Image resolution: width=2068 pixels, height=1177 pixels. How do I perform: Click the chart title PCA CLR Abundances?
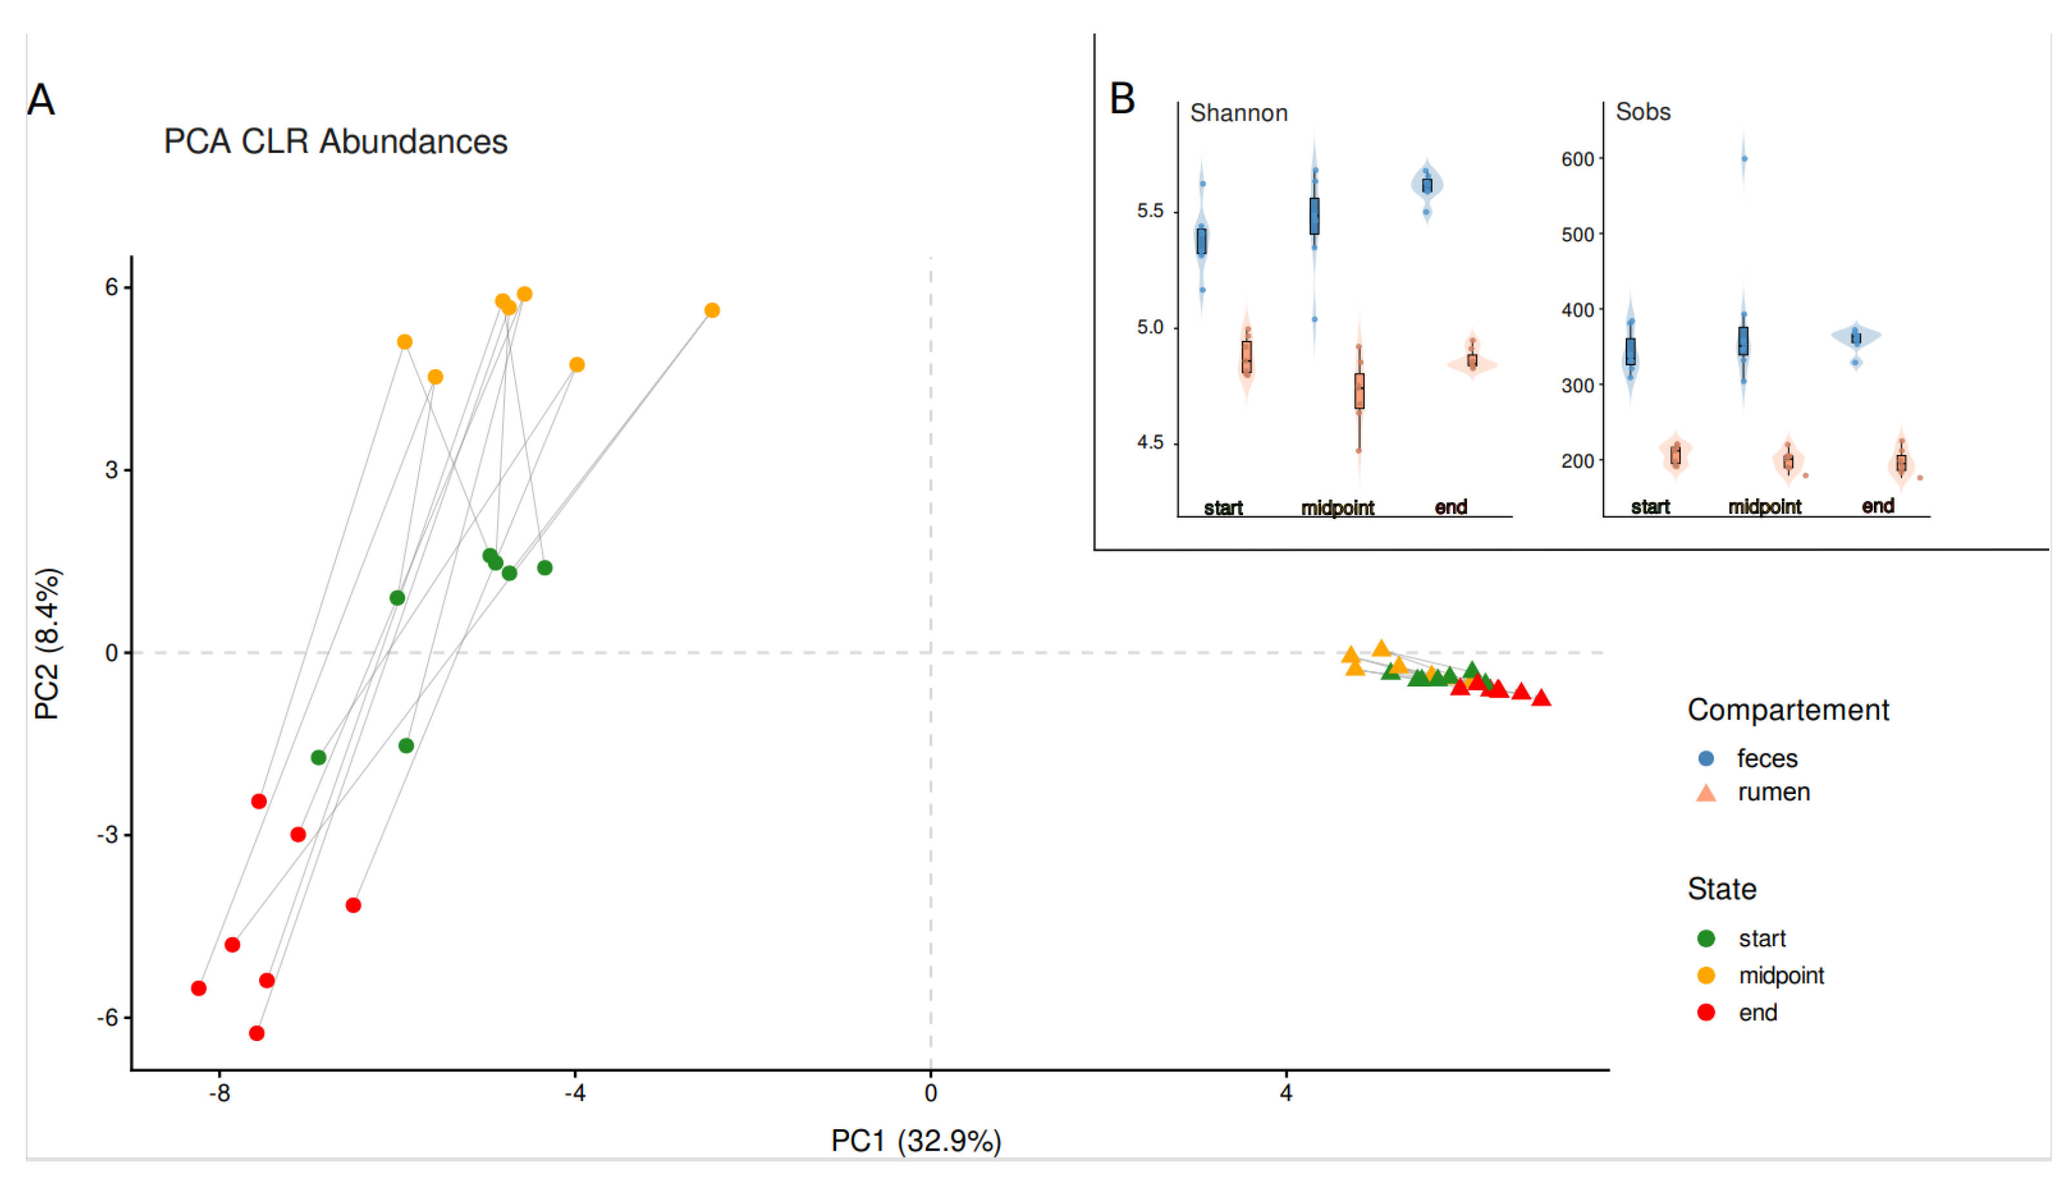tap(335, 141)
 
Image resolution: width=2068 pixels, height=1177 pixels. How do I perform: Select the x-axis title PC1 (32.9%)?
tap(916, 1141)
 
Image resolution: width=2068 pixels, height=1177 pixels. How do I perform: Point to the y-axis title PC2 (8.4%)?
tap(48, 643)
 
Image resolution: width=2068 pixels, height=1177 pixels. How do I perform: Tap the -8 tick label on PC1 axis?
tap(219, 1094)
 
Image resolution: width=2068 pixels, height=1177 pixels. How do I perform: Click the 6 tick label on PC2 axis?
tap(112, 287)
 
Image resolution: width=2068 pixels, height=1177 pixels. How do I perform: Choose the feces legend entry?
tap(1766, 758)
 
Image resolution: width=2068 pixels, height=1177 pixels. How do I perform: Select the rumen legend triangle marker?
tap(1706, 793)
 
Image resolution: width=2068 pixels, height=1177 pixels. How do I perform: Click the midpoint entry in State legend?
tap(1781, 976)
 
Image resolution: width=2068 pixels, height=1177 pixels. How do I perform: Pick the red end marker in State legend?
tap(1706, 1012)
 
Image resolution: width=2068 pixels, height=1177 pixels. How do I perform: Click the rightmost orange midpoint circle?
tap(712, 311)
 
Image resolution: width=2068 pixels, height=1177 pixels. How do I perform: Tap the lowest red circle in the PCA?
tap(257, 1033)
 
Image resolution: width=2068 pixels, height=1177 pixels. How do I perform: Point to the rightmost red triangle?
tap(1541, 697)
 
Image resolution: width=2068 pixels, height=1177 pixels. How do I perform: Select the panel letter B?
tap(1122, 99)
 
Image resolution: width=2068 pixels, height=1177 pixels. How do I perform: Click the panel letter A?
tap(41, 101)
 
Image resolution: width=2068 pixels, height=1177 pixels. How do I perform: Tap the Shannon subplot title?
tap(1238, 113)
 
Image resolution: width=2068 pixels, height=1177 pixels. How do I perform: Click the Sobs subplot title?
tap(1643, 112)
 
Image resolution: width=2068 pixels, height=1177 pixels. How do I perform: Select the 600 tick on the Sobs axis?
tap(1577, 159)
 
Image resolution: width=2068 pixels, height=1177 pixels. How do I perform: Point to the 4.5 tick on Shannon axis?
tap(1149, 443)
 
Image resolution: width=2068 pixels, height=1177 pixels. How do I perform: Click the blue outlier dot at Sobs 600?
tap(1744, 159)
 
